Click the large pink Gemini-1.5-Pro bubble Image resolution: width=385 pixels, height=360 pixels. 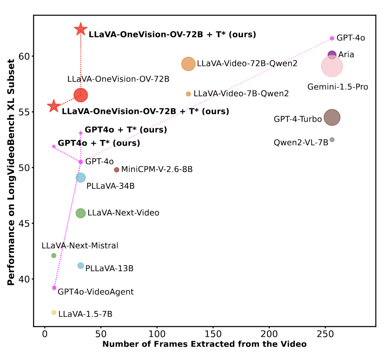[332, 66]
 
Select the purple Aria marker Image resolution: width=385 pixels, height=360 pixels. [332, 55]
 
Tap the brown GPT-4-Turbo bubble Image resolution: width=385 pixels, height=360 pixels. [332, 117]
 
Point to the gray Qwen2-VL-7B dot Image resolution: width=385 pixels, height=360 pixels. [332, 140]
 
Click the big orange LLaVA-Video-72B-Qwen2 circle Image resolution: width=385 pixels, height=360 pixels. [188, 64]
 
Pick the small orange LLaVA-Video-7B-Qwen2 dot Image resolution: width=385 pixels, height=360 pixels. [188, 94]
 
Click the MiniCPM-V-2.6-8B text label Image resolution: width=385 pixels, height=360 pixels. [157, 169]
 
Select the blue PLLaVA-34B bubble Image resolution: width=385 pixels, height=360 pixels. [81, 177]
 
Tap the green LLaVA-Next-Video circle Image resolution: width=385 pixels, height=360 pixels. [81, 213]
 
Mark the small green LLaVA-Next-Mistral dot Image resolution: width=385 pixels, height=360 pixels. [54, 256]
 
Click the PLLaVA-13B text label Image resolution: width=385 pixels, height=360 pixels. [109, 269]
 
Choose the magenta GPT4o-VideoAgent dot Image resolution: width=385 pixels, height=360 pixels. [54, 288]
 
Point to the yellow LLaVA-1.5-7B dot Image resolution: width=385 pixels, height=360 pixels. [54, 312]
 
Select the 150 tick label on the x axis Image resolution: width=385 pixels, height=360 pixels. [213, 340]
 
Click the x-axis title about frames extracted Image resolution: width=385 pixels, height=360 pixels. [204, 350]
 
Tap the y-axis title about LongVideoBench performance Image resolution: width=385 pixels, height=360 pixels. [11, 172]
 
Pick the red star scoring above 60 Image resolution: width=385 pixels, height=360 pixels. [81, 29]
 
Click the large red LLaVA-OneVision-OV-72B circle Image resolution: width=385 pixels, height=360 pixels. [81, 95]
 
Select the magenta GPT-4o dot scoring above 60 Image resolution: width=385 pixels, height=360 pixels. [332, 38]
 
